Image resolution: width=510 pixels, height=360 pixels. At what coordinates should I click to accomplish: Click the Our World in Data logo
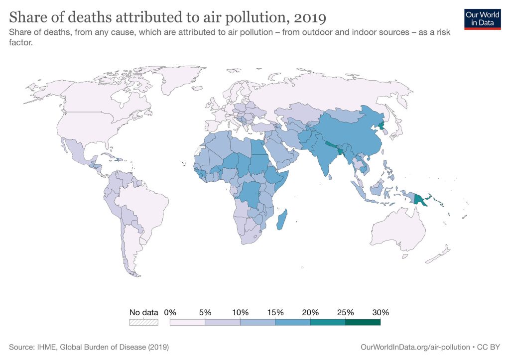point(482,18)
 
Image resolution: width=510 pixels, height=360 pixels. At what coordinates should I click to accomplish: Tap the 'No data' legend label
point(143,313)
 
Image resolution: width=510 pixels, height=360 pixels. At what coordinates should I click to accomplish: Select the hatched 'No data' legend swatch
point(143,322)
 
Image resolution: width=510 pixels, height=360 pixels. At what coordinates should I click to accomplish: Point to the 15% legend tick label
point(275,313)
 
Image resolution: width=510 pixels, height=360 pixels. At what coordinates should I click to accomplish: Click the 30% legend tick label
point(380,313)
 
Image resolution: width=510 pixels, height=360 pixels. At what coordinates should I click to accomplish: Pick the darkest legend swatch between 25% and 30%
point(363,322)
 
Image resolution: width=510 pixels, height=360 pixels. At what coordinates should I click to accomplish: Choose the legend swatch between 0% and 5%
point(187,322)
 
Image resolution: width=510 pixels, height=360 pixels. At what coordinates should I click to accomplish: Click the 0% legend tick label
point(170,313)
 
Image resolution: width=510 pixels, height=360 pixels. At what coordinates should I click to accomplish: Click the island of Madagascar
point(281,220)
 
